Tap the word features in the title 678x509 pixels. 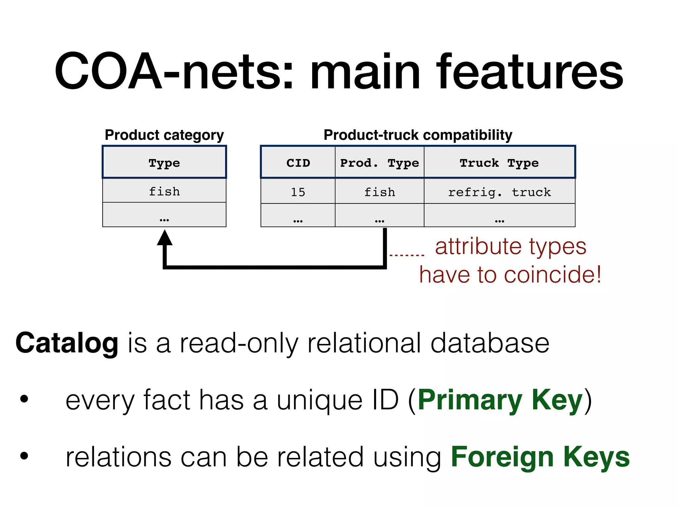coord(530,71)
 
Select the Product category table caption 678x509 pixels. coord(164,135)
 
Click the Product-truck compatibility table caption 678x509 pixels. coord(418,135)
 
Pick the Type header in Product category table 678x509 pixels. coord(164,163)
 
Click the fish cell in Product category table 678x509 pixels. coord(164,191)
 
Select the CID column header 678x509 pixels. coord(298,163)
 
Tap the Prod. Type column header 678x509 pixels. coord(379,163)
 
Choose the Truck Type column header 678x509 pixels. coord(499,163)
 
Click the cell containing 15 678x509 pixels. coord(298,192)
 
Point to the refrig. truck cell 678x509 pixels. coord(499,192)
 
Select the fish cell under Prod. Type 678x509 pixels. coord(379,192)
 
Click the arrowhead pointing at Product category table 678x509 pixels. coord(165,238)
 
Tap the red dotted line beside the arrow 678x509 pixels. coord(407,255)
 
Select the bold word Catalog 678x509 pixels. coord(67,343)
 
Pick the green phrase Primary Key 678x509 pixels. coord(500,400)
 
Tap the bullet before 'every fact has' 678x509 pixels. coord(24,399)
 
